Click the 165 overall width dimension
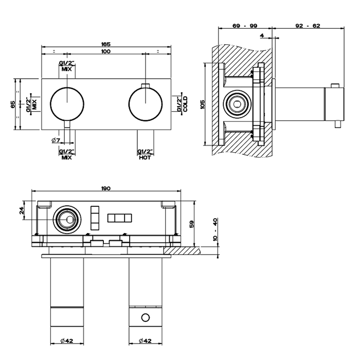click(x=106, y=44)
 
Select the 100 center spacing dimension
click(x=106, y=52)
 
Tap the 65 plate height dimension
click(x=12, y=104)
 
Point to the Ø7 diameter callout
click(x=56, y=140)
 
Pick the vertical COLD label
click(x=185, y=104)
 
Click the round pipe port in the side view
click(x=238, y=104)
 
